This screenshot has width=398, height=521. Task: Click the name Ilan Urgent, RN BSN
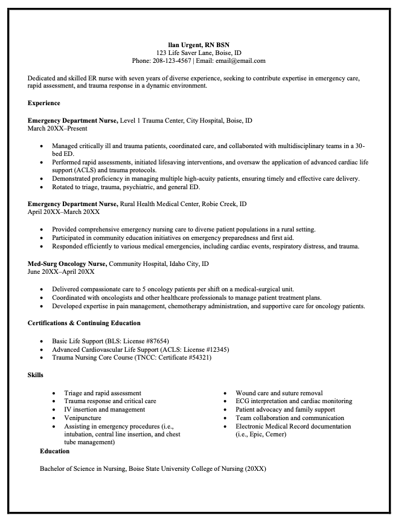click(x=199, y=45)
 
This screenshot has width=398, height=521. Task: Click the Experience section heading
click(x=43, y=103)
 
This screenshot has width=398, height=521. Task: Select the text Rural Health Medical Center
click(x=159, y=204)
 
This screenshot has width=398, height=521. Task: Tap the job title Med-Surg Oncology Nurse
click(x=67, y=264)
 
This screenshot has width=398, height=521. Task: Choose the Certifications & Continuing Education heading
click(x=84, y=323)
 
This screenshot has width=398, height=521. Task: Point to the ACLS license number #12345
click(x=214, y=349)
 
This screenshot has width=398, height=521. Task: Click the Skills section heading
click(x=36, y=375)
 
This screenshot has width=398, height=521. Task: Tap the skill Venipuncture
click(x=83, y=418)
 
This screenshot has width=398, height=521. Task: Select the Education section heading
click(x=54, y=451)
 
